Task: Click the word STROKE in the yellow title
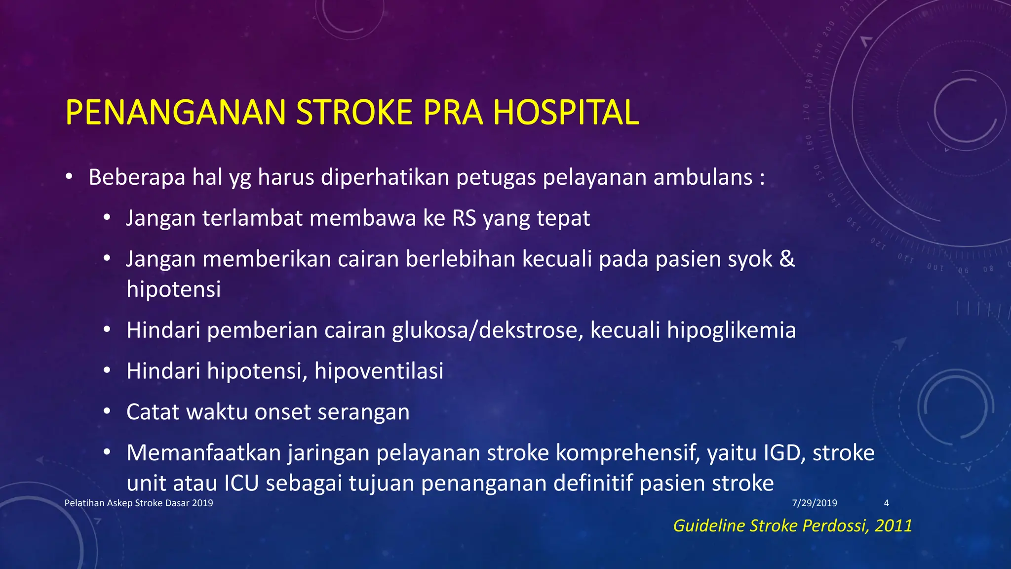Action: coord(354,113)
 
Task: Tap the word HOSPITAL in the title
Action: coord(566,113)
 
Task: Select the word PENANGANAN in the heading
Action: coord(175,113)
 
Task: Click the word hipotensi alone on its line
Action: coord(173,289)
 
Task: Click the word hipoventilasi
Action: coord(379,371)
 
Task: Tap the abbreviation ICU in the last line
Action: coord(241,483)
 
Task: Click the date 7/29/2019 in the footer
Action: coord(814,503)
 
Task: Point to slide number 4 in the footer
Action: coord(886,503)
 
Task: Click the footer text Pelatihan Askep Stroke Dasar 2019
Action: coord(139,503)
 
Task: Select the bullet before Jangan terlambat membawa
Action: coord(107,218)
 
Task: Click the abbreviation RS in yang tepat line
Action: coord(464,218)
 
